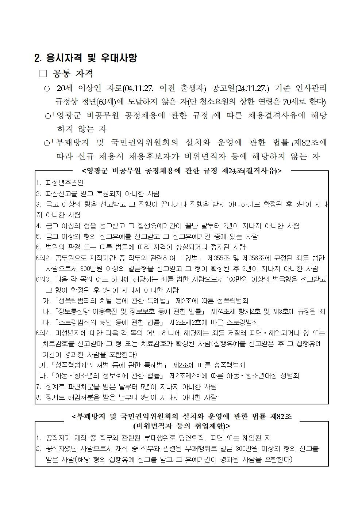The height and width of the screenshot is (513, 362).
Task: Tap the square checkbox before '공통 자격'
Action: pos(43,73)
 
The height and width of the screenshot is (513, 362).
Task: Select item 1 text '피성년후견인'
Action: pos(65,183)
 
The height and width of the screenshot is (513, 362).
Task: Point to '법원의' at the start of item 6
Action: pos(55,247)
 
